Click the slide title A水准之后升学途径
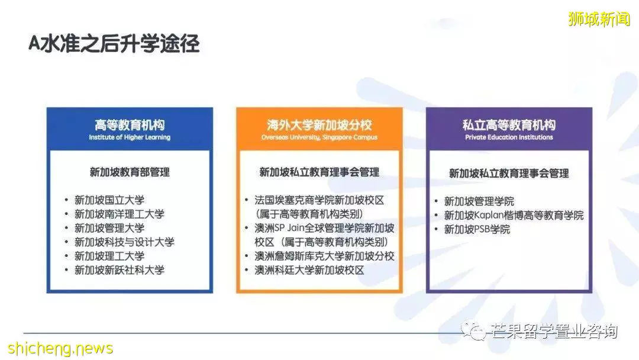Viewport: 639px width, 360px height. (114, 44)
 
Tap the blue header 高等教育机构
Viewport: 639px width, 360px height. (130, 125)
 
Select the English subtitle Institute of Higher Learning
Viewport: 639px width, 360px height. (130, 137)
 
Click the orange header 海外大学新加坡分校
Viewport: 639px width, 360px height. (319, 125)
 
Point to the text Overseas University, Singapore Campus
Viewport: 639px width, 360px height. (319, 137)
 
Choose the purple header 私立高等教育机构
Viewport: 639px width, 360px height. (509, 125)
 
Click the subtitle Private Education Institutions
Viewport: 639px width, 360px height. (509, 137)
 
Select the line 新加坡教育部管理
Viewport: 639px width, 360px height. (130, 172)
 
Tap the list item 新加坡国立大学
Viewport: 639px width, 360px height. (109, 200)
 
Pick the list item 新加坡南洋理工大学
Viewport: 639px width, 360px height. (120, 214)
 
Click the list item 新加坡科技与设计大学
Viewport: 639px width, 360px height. (124, 242)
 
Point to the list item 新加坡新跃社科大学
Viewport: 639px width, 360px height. (120, 270)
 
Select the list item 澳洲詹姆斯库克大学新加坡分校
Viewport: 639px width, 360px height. (324, 256)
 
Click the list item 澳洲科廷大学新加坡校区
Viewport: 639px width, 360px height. (309, 270)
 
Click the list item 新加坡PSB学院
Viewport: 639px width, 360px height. (477, 230)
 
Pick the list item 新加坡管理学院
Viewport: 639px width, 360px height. (479, 201)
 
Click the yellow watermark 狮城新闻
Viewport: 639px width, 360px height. (599, 19)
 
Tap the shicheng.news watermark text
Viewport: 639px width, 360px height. (60, 348)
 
